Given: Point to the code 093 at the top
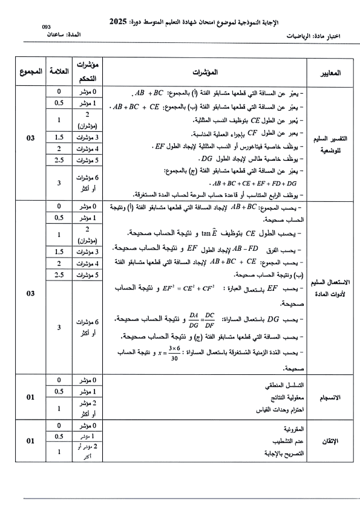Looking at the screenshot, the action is pos(47,27).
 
